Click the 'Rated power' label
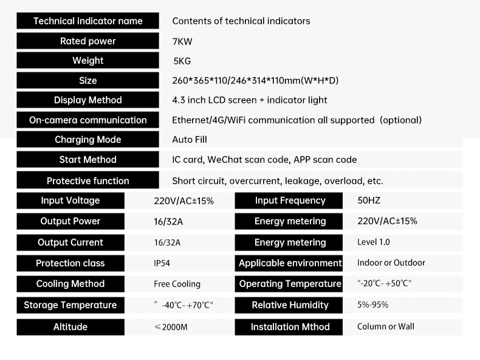point(87,41)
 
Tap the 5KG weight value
point(182,61)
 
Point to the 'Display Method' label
point(87,100)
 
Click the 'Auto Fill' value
point(190,140)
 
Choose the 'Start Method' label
point(87,159)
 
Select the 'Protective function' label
point(87,181)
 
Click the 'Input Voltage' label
point(70,201)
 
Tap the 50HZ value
point(369,201)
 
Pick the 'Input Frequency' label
point(290,201)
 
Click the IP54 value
point(162,263)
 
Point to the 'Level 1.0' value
point(374,242)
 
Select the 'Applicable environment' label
point(290,263)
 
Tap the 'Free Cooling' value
point(177,284)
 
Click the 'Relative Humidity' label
point(290,305)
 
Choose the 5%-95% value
point(373,305)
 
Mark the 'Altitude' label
point(70,327)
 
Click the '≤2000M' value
point(171,327)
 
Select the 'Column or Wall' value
point(386,327)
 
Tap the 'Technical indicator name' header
point(87,21)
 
